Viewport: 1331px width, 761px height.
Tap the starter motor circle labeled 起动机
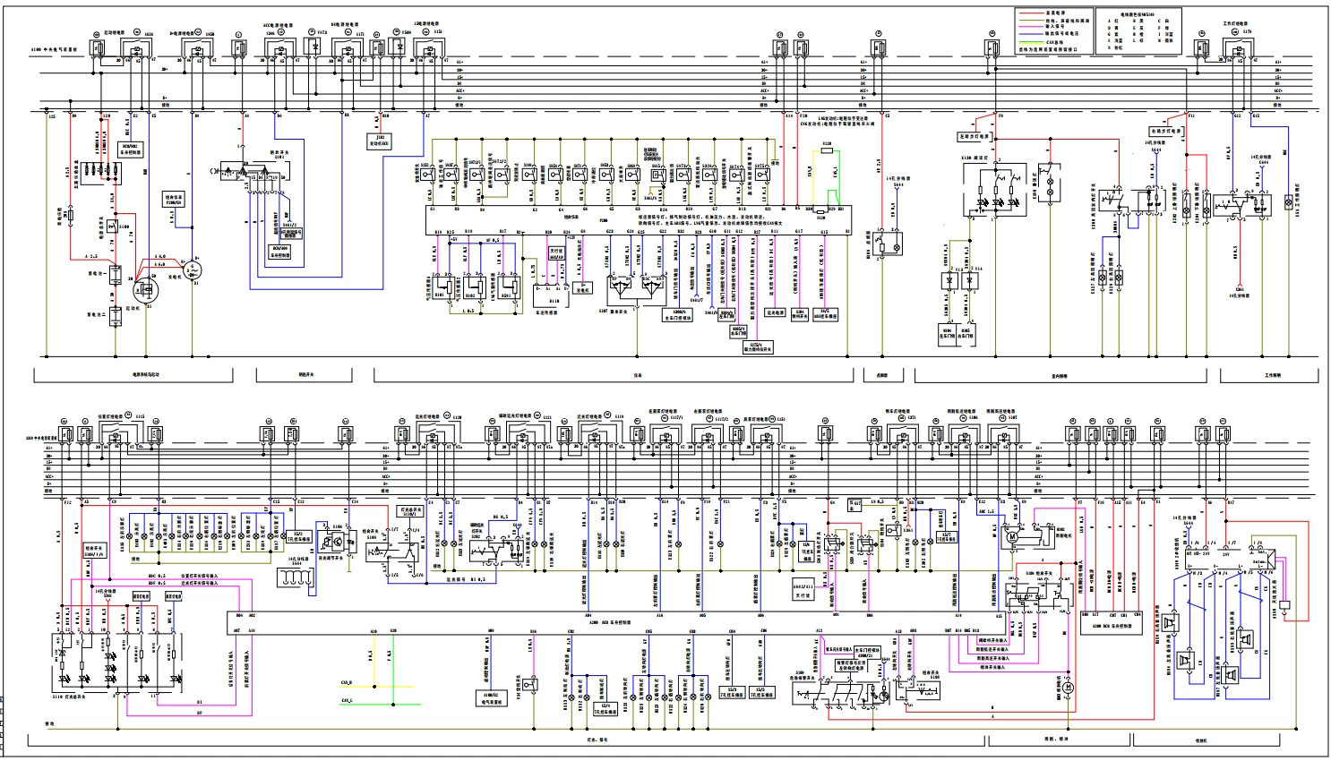click(142, 290)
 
